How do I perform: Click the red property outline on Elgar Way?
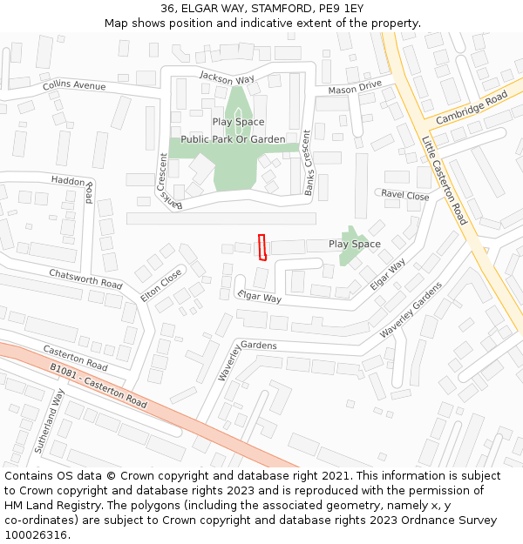tap(261, 247)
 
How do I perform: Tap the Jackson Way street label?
tap(227, 77)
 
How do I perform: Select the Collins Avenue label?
tap(74, 85)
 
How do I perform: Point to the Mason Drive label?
tap(355, 87)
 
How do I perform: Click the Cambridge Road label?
tap(471, 109)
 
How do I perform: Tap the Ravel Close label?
tap(405, 196)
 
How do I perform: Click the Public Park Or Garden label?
tap(233, 139)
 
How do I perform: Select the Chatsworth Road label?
tap(85, 279)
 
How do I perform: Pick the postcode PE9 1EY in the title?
tap(341, 9)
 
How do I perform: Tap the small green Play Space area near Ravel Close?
tap(350, 246)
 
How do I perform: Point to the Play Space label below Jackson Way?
tap(238, 122)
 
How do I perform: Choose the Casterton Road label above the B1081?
tap(75, 357)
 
